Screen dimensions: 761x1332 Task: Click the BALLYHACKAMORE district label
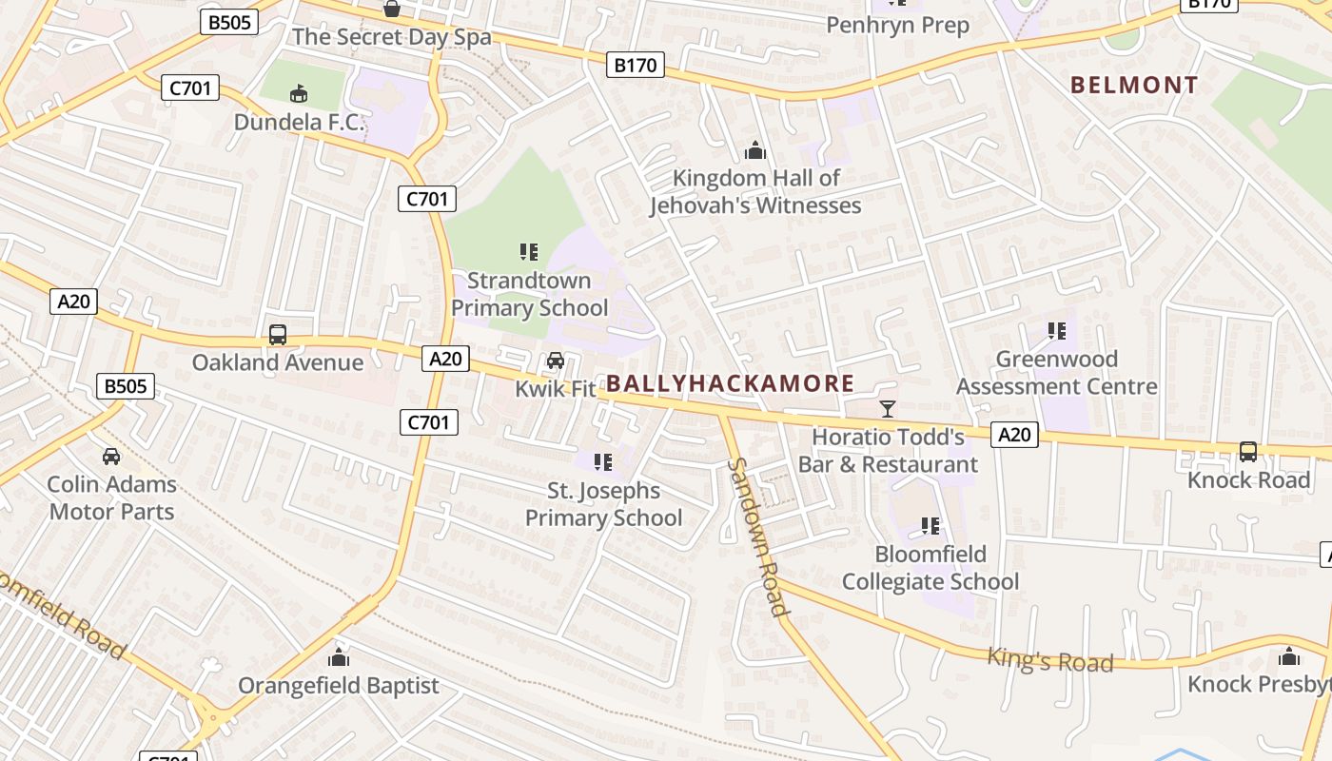(730, 383)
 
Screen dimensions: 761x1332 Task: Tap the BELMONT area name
(1134, 85)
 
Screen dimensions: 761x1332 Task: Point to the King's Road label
(1049, 659)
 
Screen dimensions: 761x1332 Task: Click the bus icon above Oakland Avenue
(278, 335)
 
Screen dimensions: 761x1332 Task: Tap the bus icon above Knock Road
(1248, 452)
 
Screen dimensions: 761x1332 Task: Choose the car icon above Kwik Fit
(556, 361)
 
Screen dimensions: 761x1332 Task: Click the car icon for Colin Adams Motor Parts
(111, 457)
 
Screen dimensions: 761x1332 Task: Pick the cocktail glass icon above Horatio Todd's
(888, 409)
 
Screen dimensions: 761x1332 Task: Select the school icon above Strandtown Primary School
(529, 252)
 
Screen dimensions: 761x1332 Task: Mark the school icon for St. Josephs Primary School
(603, 462)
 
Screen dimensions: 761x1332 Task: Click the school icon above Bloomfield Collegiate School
(930, 526)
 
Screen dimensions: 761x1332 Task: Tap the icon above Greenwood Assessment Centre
(1057, 331)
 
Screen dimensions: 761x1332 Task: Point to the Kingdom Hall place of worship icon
(755, 150)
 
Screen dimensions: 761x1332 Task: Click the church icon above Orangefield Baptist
(339, 657)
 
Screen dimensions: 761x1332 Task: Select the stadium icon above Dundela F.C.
(299, 93)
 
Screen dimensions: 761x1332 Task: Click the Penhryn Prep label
(897, 25)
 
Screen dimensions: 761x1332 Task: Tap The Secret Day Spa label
(392, 37)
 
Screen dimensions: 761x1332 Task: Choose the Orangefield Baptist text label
(339, 685)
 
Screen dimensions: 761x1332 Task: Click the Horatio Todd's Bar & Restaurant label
(888, 451)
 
